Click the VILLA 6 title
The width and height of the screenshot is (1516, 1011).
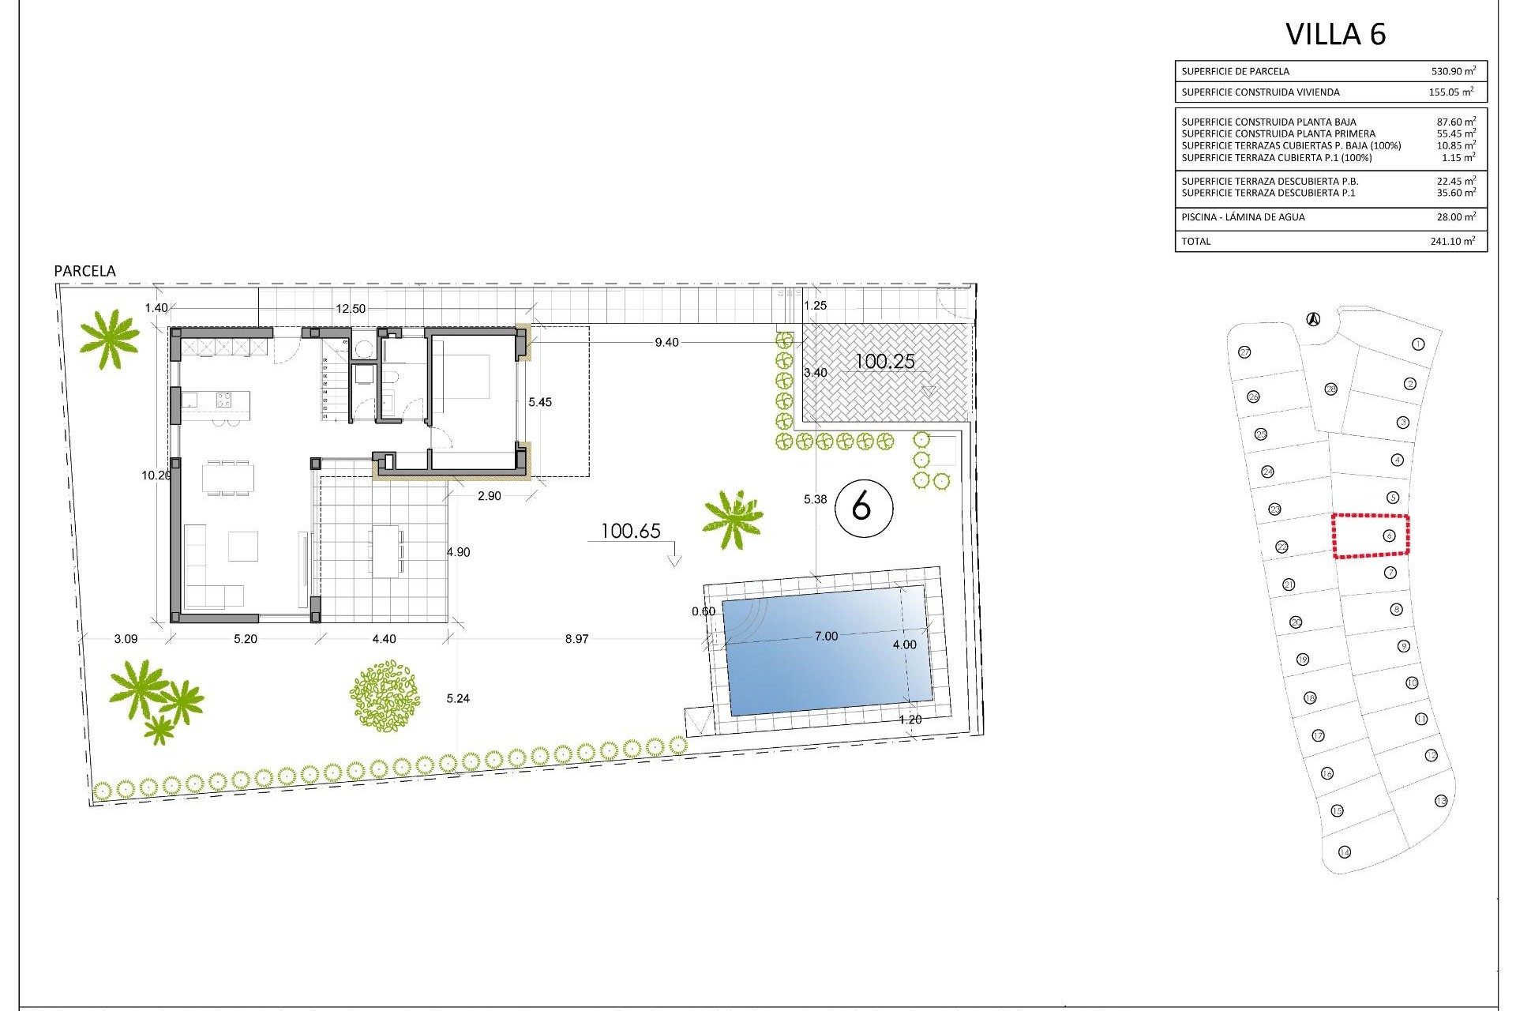(1335, 34)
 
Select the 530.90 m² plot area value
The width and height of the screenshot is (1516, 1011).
(1453, 71)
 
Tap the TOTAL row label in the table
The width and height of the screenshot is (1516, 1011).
(1195, 241)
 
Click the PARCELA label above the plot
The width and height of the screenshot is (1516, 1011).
(84, 271)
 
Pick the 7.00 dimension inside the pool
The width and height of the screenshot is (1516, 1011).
(826, 636)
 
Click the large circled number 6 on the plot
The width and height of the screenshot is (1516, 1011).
(862, 506)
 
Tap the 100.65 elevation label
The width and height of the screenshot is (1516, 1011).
(630, 531)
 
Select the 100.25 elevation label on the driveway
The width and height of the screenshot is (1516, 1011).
(885, 362)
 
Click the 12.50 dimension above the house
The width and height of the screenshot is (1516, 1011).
(351, 309)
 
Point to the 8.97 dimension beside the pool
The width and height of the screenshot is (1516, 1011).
(576, 639)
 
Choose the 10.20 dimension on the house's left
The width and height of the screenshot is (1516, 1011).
(156, 475)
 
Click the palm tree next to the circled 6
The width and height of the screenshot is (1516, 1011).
(734, 517)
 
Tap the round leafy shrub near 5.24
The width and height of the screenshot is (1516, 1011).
(385, 695)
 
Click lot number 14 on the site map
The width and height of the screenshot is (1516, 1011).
(1345, 851)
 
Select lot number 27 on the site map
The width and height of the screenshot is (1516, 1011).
(1245, 352)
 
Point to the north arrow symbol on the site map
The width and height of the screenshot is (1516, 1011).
(1313, 319)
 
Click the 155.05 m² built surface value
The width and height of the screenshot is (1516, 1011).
(1450, 92)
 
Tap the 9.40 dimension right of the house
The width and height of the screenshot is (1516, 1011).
(666, 343)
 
